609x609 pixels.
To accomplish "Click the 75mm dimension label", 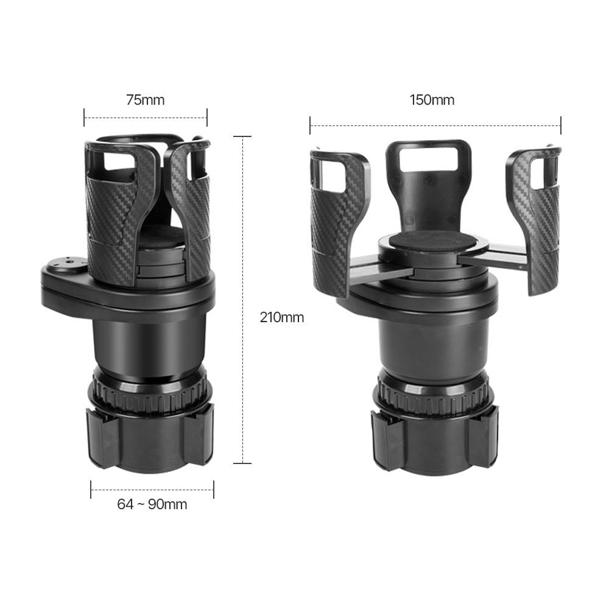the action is pyautogui.click(x=146, y=100).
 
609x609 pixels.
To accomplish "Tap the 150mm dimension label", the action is pyautogui.click(x=432, y=100).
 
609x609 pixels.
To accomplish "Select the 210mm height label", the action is pyautogui.click(x=281, y=318).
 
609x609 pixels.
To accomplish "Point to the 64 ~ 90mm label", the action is pyautogui.click(x=152, y=504).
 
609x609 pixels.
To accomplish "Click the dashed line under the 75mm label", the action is pyautogui.click(x=146, y=118).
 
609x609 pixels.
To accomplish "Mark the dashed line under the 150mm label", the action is pyautogui.click(x=435, y=125).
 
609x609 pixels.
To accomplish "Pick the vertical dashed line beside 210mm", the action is pyautogui.click(x=243, y=300).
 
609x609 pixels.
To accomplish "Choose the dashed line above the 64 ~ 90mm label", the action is pyautogui.click(x=152, y=490).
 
